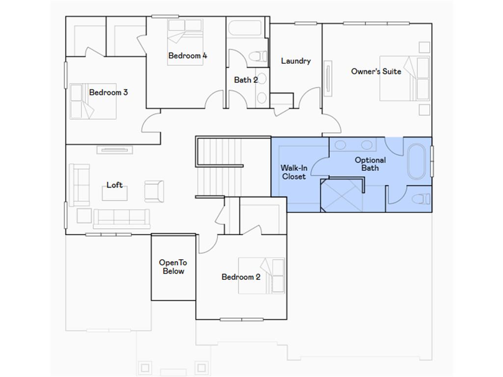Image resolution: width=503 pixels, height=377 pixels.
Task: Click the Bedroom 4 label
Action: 188,56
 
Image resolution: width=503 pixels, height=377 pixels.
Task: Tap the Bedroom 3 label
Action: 109,92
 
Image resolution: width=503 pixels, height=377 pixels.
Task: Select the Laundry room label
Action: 296,61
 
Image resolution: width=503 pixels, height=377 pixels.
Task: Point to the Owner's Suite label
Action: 376,72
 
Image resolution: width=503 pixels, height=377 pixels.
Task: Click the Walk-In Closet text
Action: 294,172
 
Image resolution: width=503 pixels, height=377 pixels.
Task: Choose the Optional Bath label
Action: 370,164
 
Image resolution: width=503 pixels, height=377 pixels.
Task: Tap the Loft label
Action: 114,185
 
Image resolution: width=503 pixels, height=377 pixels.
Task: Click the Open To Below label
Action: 173,267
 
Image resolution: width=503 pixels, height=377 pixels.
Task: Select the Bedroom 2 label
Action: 241,277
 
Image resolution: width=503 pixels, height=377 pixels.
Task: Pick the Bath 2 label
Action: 246,80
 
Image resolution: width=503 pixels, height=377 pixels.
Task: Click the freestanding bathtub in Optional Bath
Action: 418,162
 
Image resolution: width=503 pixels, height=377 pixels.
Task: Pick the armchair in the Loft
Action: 154,191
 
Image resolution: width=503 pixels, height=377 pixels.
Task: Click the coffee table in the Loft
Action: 114,193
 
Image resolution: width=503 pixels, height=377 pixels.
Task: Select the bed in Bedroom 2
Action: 261,276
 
